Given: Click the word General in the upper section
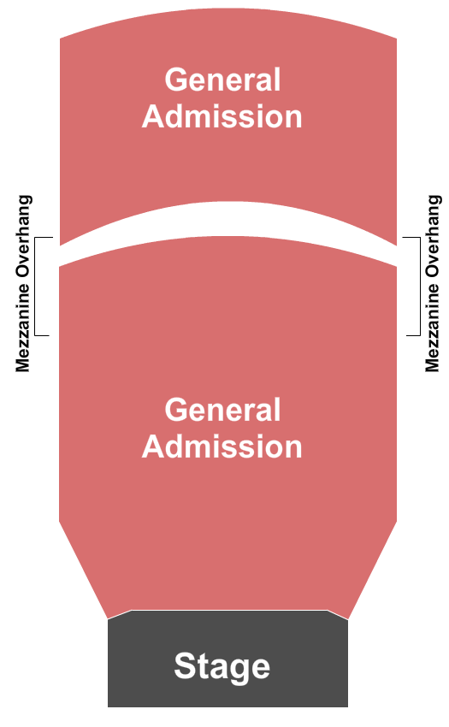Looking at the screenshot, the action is tap(222, 80).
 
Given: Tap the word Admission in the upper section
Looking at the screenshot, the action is tap(222, 116).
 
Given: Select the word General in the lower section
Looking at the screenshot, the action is tap(222, 410).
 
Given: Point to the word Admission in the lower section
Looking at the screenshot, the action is tap(222, 446).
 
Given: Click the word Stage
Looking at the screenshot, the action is tap(222, 666).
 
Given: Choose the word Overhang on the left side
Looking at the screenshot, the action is tap(23, 236).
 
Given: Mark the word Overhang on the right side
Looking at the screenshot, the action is tap(433, 236).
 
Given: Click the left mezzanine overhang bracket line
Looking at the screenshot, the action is tap(35, 286).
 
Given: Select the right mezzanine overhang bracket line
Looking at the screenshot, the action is tap(420, 286).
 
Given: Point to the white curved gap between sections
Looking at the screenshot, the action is tap(227, 219).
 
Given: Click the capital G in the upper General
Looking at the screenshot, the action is tap(175, 80).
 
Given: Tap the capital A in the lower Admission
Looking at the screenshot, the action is tap(154, 446).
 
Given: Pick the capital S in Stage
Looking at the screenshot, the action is tap(184, 665).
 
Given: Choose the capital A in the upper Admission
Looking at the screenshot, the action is tap(154, 116).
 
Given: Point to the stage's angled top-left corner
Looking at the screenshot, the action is tap(131, 610).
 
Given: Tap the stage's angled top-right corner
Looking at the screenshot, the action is tap(328, 610).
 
